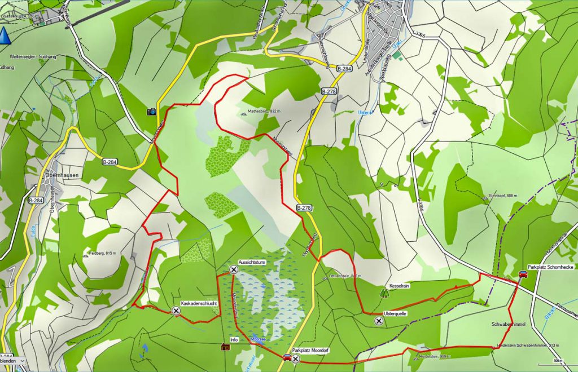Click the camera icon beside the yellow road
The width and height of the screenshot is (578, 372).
click(x=151, y=112)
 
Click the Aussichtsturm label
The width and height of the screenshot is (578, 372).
click(x=252, y=263)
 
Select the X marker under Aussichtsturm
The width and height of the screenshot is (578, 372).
click(x=234, y=269)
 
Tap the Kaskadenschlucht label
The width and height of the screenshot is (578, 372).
click(x=199, y=303)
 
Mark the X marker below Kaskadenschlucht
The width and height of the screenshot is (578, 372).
click(x=176, y=311)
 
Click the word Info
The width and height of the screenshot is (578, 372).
click(x=234, y=340)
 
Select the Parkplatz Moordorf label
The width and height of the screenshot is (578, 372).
click(x=310, y=351)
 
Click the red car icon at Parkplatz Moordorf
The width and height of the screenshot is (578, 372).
click(x=287, y=357)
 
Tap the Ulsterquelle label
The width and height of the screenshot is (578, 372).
click(x=395, y=313)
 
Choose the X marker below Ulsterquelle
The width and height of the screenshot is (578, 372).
click(x=378, y=321)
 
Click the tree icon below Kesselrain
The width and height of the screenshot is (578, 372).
click(x=385, y=293)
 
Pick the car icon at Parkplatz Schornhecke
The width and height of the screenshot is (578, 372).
click(x=523, y=274)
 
